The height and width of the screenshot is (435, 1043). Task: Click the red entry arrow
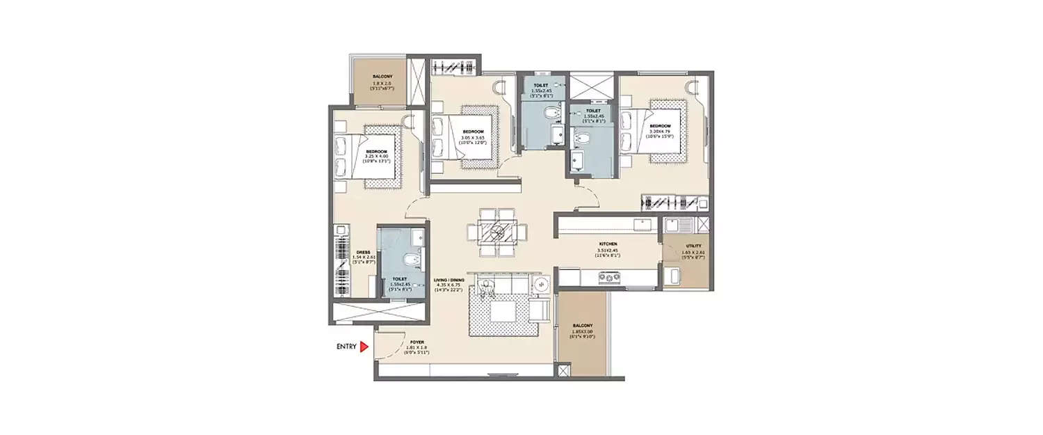click(363, 346)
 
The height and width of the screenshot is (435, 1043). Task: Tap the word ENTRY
click(346, 346)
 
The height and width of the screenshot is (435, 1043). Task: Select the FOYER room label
click(417, 342)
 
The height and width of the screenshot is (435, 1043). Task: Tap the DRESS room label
click(362, 253)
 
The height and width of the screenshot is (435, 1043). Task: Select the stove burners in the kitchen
click(610, 278)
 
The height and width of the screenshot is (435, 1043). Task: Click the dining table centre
click(498, 232)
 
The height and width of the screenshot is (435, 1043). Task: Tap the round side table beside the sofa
click(544, 284)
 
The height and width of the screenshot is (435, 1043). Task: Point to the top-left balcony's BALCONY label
click(380, 76)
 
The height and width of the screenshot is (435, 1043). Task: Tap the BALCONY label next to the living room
click(583, 326)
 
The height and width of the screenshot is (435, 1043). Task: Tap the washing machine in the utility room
click(672, 276)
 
